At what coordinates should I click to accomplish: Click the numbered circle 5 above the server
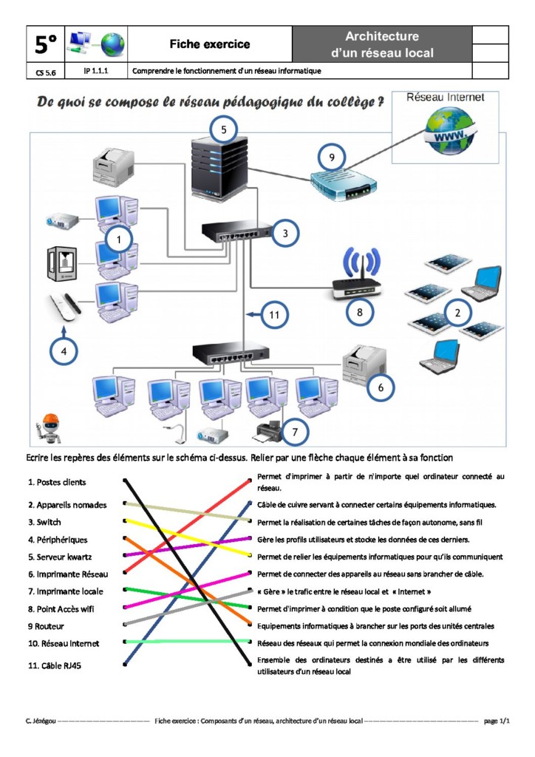point(224,130)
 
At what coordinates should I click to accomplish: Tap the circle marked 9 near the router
point(333,157)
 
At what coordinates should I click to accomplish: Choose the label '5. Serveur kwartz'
point(64,557)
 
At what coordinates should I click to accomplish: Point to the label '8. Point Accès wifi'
point(66,609)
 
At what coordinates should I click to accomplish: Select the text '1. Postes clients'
point(57,482)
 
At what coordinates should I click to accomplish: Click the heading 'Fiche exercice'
point(210,44)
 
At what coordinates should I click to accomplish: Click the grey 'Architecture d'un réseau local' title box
point(382,44)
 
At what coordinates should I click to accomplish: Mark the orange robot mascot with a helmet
point(50,427)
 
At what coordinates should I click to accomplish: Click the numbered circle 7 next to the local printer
point(294,430)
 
